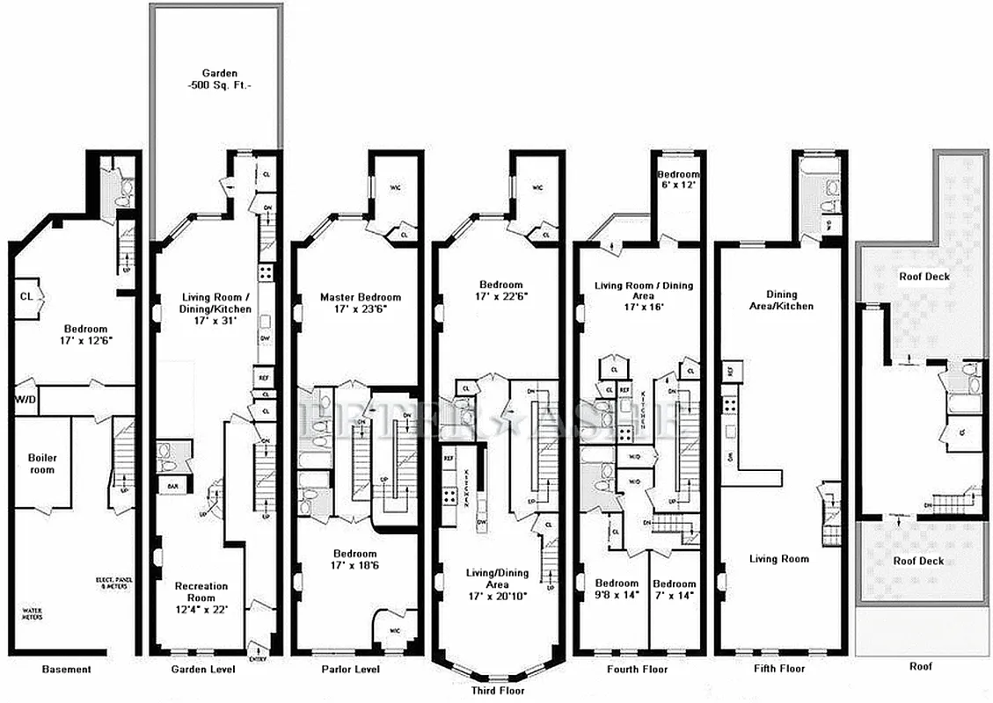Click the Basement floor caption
pos(66,670)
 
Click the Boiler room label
pos(41,464)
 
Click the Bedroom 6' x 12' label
pos(678,180)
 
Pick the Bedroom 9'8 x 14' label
pos(617,590)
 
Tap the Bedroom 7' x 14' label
pos(675,590)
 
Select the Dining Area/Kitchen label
pos(782,301)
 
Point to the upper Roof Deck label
pos(923,276)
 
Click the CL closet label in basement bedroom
pos(26,296)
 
